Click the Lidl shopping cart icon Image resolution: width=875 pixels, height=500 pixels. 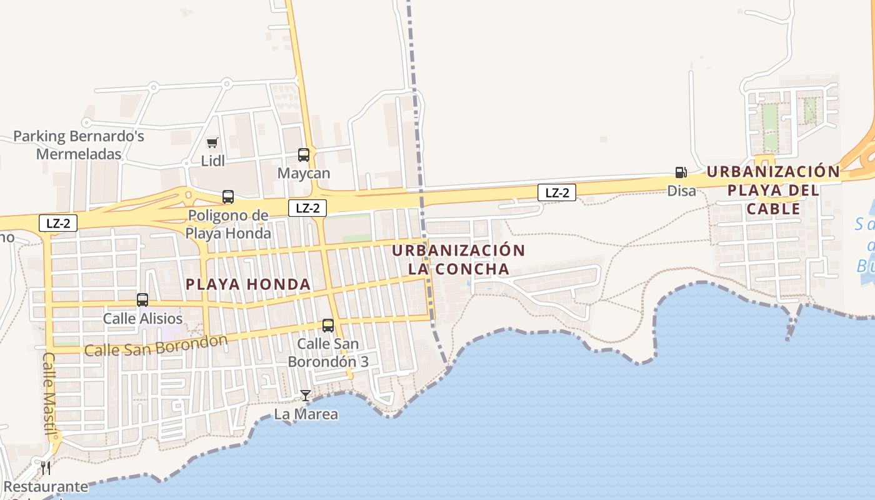(212, 143)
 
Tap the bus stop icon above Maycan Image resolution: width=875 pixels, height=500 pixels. (304, 154)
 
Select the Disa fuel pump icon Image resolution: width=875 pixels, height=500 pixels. (681, 172)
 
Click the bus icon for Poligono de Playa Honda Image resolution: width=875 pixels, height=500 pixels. (228, 197)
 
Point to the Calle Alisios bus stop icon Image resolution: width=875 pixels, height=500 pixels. (142, 300)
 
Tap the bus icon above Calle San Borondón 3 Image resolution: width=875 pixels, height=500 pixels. (328, 326)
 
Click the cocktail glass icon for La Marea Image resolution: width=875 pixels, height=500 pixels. (306, 396)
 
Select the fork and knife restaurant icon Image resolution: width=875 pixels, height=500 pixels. (46, 468)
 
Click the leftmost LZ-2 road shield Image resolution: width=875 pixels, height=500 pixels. (58, 223)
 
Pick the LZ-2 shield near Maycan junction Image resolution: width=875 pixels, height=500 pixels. (307, 208)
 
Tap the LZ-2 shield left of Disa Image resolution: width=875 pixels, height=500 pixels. (557, 192)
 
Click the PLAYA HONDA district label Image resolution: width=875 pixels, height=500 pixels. (248, 284)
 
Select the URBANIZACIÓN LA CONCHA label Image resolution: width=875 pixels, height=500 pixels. (459, 260)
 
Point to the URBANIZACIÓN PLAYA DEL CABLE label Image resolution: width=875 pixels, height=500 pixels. (773, 190)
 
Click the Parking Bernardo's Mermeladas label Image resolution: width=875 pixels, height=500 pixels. (79, 145)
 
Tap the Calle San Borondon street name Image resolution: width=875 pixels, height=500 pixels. (156, 346)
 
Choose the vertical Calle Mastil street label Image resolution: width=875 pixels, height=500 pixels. (49, 394)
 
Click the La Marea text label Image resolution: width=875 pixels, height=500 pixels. (306, 414)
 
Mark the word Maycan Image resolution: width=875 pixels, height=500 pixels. (304, 173)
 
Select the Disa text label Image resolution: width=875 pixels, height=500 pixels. (681, 191)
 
